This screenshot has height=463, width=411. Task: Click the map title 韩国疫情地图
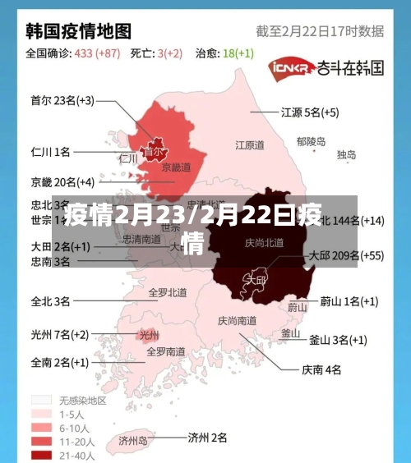coord(79,31)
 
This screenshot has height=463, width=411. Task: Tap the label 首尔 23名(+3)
coord(62,101)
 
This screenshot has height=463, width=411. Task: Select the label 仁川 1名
coord(50,152)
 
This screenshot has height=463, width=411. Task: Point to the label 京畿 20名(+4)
coord(62,181)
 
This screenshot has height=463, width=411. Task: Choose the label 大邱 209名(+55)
coord(345,255)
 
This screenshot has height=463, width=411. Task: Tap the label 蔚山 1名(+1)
coord(349,301)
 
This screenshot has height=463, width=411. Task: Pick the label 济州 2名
coord(207,438)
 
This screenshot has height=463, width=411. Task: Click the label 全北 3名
coord(50,301)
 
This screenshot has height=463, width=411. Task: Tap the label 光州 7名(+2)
coord(59,334)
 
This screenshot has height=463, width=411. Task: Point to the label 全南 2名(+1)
coord(59,361)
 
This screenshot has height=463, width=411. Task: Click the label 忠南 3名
coord(50,262)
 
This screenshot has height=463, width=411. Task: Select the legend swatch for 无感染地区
coord(42,401)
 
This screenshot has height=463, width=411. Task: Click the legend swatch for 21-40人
coord(42,455)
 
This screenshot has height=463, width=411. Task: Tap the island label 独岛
coord(346,154)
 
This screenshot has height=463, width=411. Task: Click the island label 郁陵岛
coord(311,141)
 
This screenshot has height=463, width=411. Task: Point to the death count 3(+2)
coord(169,53)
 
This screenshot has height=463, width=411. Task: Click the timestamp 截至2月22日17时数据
coord(320,32)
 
